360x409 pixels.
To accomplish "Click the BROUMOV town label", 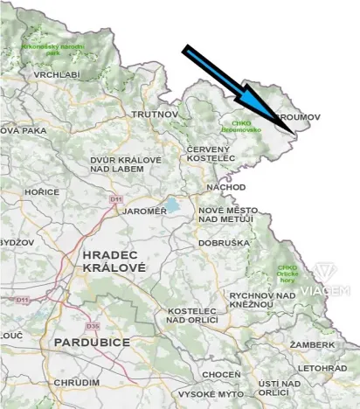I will coord(300,116).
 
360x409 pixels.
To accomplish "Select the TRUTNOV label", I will coord(155,114).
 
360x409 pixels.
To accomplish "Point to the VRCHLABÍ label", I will coord(57,75).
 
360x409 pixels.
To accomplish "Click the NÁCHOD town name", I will coord(226,186).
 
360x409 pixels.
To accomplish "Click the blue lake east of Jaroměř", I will coord(175,206).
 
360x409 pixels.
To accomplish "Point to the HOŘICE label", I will coord(42,191).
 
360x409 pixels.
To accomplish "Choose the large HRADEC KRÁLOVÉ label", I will coord(114,260).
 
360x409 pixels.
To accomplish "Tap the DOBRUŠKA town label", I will coord(224,242).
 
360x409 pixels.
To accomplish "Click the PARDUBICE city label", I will coord(92,342).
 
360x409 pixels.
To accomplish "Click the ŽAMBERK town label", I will coord(312,345).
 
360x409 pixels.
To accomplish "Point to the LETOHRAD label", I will coord(322,369).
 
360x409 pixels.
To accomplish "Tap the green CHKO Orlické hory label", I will coord(287,271).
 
